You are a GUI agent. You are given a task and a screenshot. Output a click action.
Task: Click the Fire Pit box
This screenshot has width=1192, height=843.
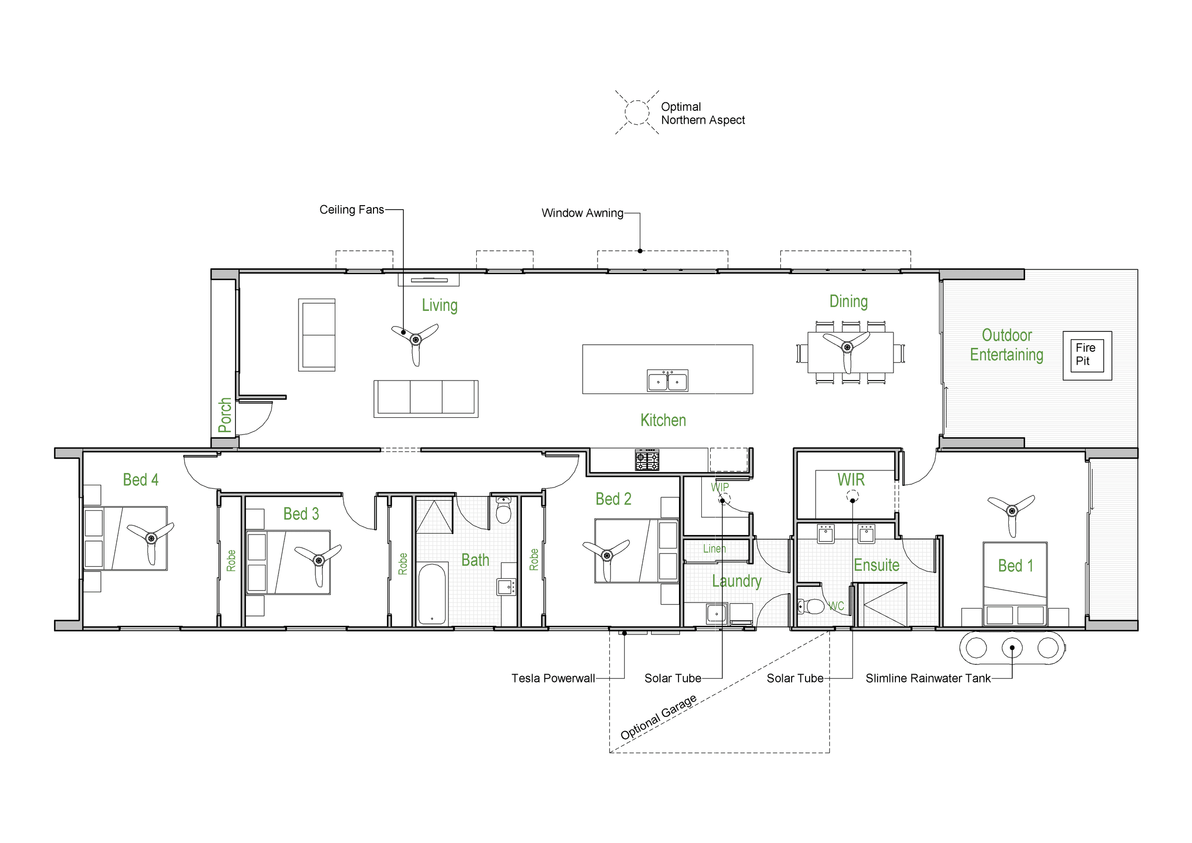[1087, 356]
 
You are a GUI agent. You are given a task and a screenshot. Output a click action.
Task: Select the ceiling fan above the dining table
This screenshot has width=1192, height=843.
[847, 347]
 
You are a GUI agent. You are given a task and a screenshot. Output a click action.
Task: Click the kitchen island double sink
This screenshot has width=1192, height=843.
[667, 381]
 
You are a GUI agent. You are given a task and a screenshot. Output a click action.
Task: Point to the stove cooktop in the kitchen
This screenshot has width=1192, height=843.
[647, 460]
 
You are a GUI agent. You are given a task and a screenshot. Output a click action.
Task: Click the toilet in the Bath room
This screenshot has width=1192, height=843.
[504, 510]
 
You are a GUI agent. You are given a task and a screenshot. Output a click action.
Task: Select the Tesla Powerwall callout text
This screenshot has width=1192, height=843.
[553, 679]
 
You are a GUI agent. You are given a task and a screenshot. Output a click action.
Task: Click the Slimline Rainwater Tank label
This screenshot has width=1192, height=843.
[928, 679]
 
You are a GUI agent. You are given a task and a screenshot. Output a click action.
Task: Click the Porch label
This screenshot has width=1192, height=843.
[225, 415]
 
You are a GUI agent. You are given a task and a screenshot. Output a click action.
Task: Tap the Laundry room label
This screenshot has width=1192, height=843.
[737, 581]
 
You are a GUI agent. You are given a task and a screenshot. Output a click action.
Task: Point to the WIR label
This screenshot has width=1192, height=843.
[851, 480]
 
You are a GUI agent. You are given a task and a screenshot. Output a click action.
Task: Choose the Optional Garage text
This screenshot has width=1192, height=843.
[659, 717]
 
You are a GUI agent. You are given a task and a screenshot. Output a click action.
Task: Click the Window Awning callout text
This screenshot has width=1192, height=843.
[583, 213]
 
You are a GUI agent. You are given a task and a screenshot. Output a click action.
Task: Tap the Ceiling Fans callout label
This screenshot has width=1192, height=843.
[352, 210]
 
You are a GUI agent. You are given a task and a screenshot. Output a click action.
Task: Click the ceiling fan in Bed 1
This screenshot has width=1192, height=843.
[1011, 511]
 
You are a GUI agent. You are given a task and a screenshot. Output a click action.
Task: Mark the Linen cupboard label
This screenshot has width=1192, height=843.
[714, 549]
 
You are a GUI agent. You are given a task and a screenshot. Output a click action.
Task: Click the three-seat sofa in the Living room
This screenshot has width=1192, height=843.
[426, 399]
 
